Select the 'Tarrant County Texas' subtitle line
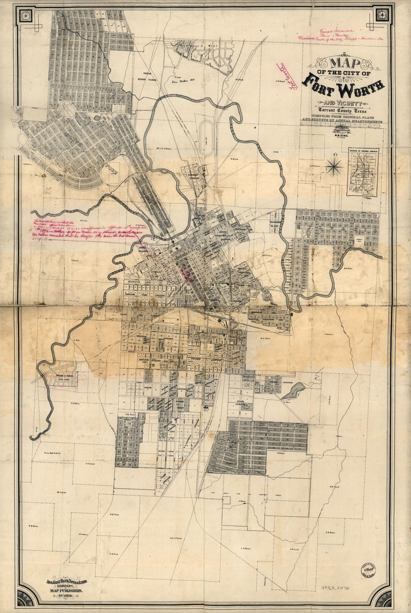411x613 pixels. (x=342, y=111)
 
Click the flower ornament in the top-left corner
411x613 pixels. (x=26, y=15)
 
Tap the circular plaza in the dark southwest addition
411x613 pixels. (x=129, y=423)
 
